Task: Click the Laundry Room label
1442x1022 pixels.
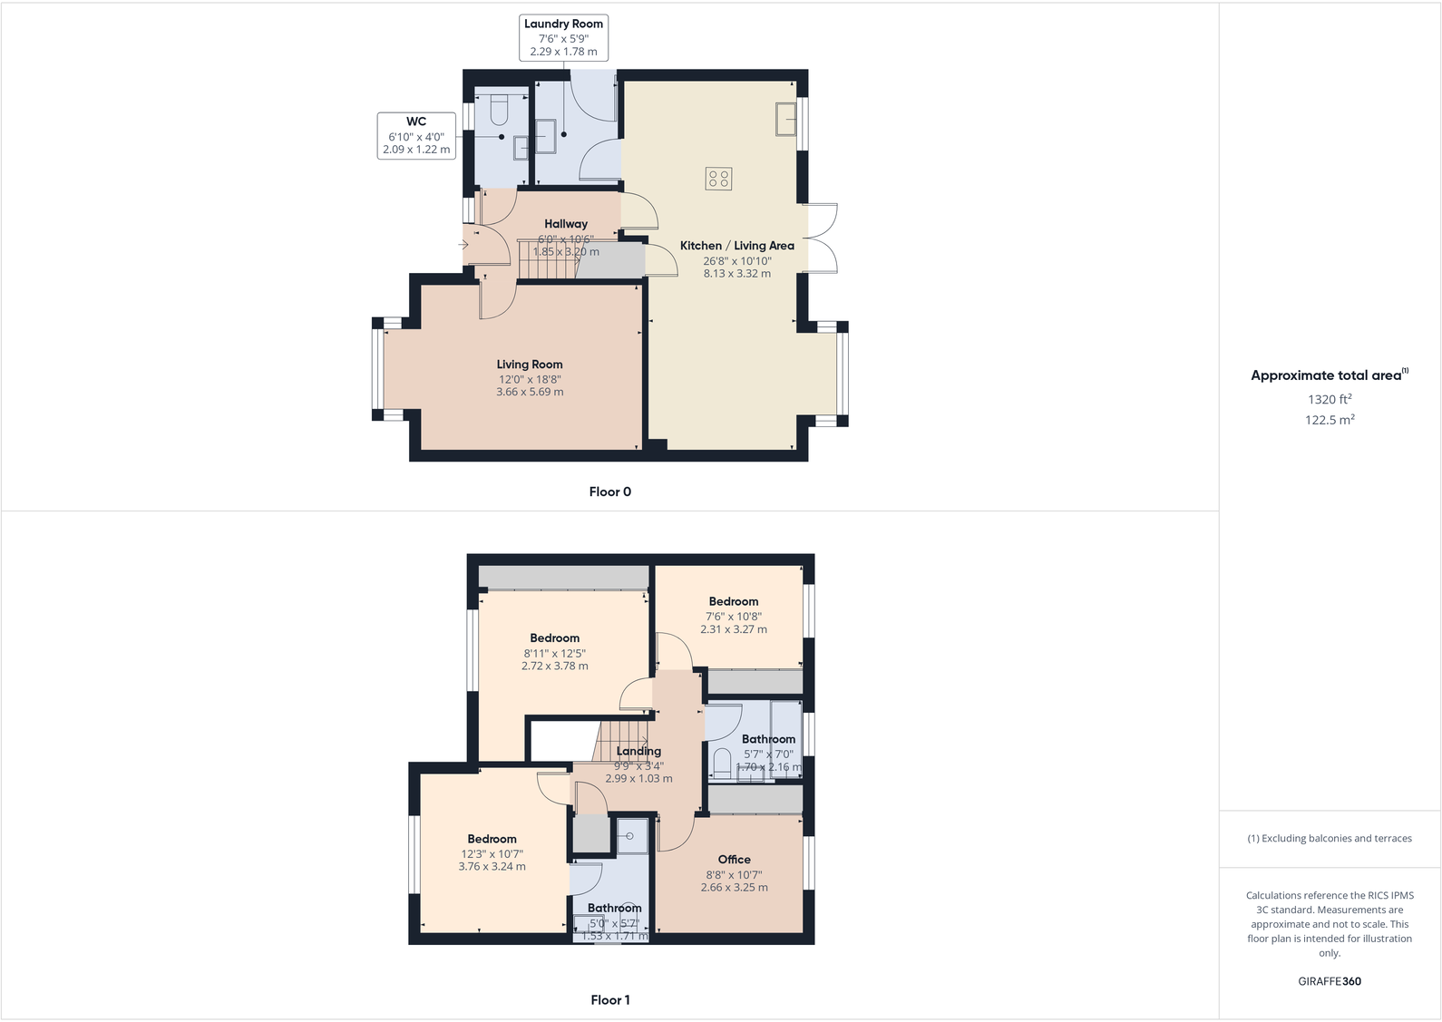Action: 563,24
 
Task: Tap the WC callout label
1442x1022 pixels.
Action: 416,122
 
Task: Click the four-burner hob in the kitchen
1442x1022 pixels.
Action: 718,179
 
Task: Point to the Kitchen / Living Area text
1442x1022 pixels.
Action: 736,246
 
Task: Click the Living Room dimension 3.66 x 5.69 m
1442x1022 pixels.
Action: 530,393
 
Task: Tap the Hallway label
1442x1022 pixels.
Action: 566,224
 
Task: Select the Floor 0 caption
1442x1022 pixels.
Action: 609,492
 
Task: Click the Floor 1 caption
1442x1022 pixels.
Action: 609,1000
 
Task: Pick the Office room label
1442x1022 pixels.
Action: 734,860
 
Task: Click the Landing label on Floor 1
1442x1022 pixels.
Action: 638,751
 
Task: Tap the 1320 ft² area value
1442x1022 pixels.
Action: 1330,399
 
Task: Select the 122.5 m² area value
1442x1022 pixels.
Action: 1330,420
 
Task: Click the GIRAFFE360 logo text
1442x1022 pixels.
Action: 1330,981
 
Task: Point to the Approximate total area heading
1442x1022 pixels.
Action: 1326,375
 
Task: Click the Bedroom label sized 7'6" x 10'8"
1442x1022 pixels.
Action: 734,601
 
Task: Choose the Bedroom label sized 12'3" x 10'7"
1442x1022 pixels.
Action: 492,839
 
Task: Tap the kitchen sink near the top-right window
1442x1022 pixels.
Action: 785,119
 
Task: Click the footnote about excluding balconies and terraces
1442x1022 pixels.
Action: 1330,839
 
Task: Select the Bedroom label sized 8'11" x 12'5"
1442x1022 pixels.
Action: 554,638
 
